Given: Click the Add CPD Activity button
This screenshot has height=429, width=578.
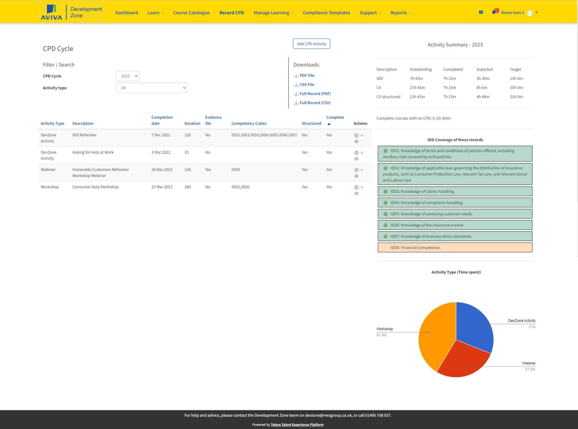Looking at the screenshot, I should point(311,44).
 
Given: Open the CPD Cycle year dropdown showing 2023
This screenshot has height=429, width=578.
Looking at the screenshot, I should point(128,76).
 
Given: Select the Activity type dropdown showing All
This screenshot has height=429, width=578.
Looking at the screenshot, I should point(152,88).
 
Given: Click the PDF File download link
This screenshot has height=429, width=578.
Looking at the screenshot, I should point(307,76).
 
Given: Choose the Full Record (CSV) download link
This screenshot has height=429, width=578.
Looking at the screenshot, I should point(315,103).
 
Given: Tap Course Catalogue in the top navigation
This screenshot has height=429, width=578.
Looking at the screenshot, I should point(191,13).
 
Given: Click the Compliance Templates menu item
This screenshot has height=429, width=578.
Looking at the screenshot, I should point(326,13).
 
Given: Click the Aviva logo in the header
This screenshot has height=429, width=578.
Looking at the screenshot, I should point(52,12).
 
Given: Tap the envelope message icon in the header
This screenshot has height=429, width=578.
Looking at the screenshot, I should point(481,12).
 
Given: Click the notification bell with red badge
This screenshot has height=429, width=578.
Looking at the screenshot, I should point(494,12).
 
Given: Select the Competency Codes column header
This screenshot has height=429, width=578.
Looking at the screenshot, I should point(249,124).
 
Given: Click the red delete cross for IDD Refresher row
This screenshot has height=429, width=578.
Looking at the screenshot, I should point(362,136).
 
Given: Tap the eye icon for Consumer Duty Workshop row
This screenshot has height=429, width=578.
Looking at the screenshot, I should point(356,194).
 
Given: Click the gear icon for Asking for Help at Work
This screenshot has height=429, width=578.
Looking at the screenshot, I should point(356,153).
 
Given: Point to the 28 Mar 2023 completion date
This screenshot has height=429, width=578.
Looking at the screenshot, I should point(162,170).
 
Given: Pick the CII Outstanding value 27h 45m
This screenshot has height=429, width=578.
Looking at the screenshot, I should point(417,88).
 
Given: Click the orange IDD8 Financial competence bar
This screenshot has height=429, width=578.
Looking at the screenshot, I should point(455,247).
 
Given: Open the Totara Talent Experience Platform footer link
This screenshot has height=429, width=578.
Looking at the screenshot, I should point(297,425).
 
